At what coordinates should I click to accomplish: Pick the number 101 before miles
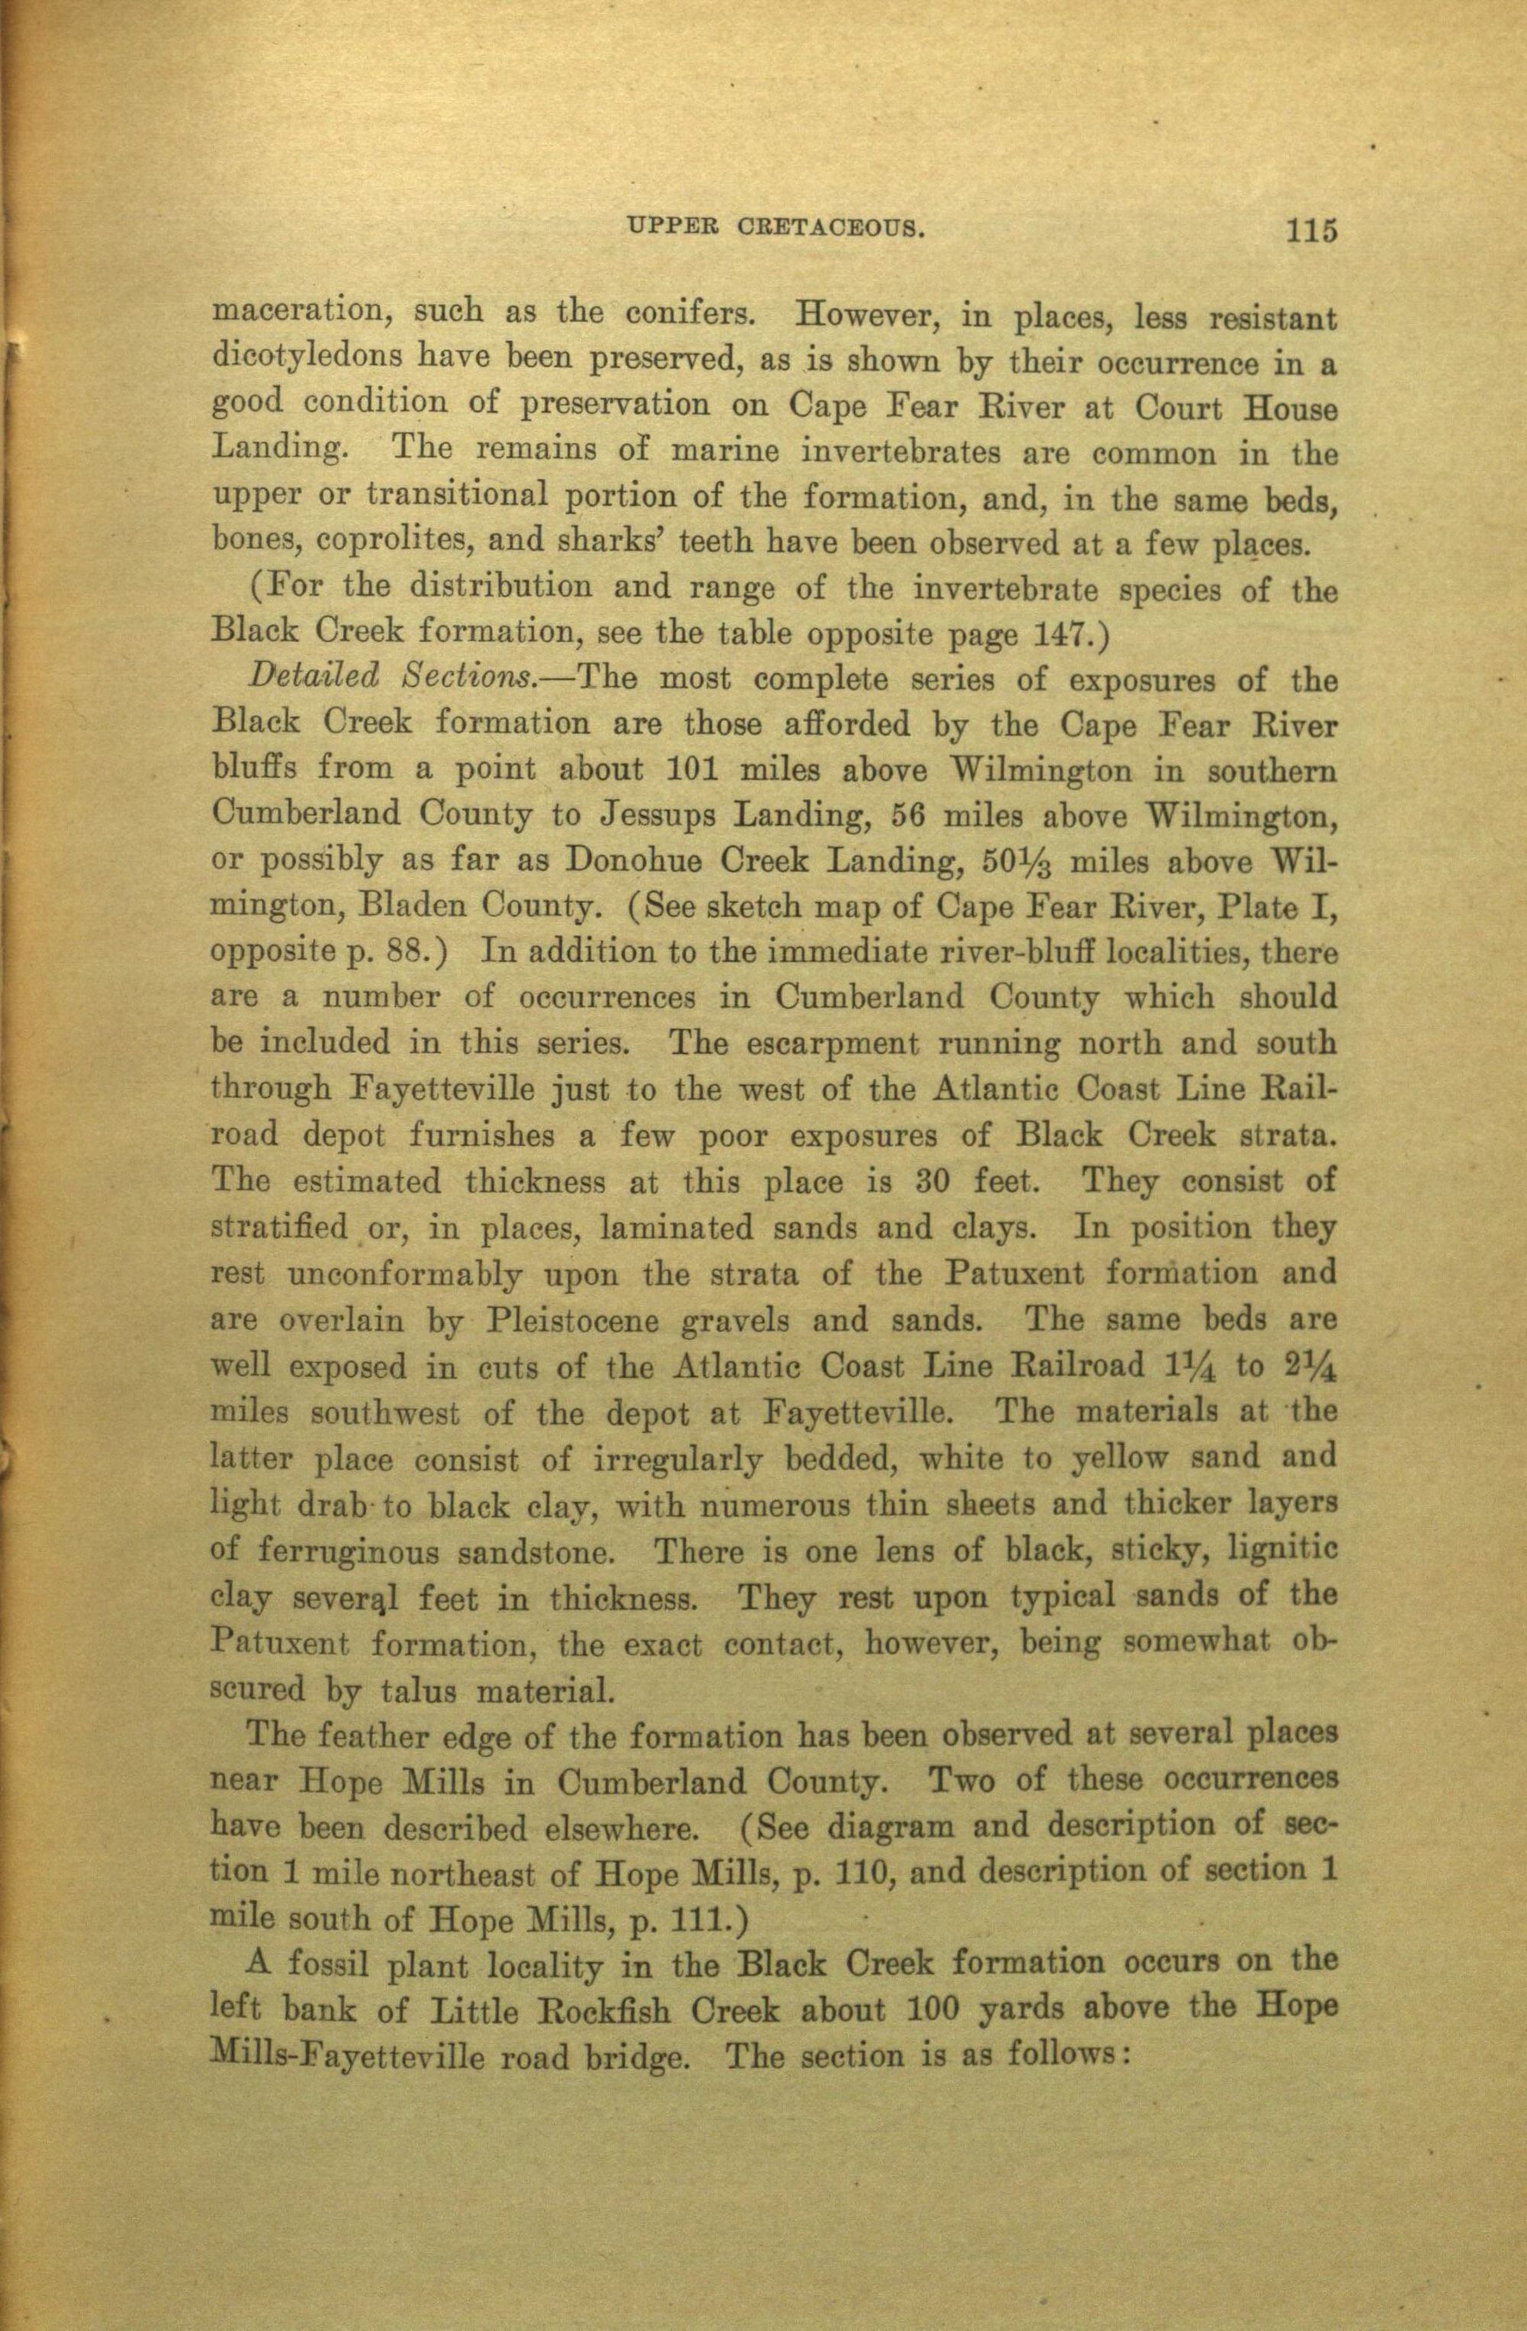pos(695,771)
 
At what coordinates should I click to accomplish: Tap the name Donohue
pos(631,862)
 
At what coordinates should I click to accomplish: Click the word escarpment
pos(832,1044)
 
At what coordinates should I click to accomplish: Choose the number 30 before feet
pos(934,1180)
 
